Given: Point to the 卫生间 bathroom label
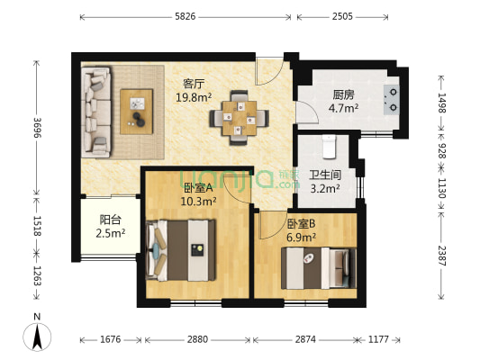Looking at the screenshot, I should (324, 175).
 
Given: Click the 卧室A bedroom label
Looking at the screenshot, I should (197, 187).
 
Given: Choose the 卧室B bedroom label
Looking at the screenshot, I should (301, 223).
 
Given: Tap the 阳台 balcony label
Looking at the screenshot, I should (112, 219).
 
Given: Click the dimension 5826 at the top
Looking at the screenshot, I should (185, 16).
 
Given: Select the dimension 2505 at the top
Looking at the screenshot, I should (342, 16).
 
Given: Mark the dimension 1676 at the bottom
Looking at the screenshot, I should (111, 339).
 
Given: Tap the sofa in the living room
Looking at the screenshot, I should (95, 111).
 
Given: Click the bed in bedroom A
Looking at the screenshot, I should (185, 251).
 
